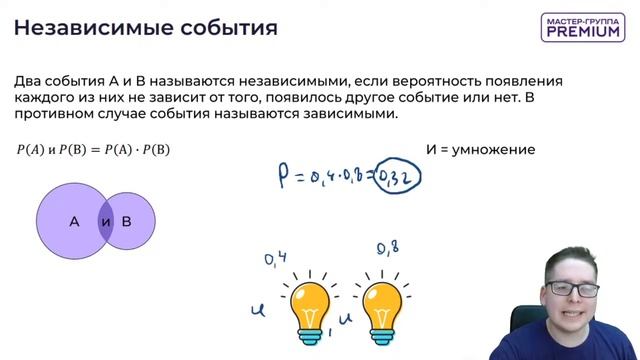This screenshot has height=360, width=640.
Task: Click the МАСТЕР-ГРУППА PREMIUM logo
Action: pos(583,27)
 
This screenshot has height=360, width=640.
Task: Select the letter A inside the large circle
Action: pos(74,221)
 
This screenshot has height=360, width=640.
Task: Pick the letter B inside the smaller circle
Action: pos(127,221)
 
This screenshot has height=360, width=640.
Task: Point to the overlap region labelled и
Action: pos(106,221)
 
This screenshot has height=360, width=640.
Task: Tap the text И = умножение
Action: pos(480,150)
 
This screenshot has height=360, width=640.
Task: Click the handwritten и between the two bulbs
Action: pos(347,320)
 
